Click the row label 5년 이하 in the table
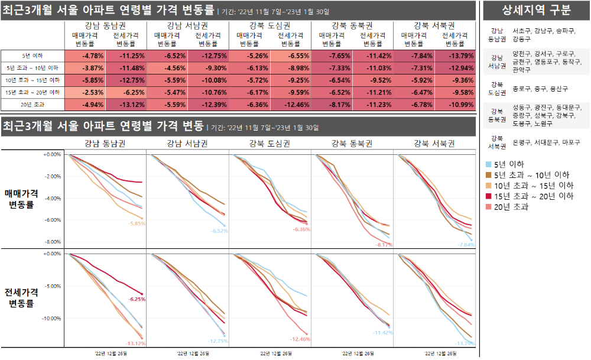tap(32, 56)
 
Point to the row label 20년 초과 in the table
tap(32, 105)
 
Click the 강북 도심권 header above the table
tap(269, 25)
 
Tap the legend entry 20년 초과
tap(511, 206)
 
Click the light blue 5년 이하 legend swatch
tap(488, 164)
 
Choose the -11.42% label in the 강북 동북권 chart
tap(382, 333)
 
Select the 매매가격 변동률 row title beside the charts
tap(21, 199)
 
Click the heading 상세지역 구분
tap(536, 10)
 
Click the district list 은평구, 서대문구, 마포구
tap(546, 142)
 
